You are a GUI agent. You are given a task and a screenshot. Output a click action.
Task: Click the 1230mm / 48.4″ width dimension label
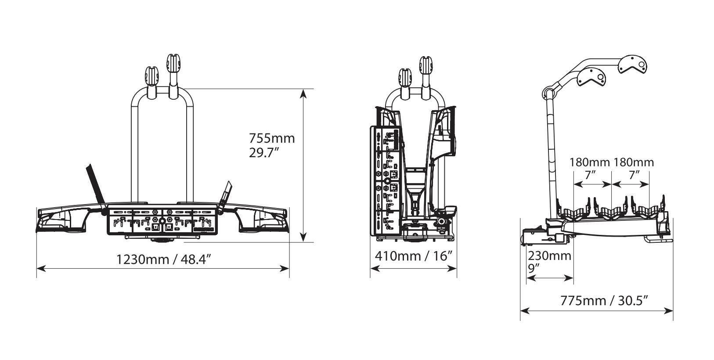point(163,259)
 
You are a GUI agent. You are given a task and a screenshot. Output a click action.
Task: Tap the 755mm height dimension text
point(272,138)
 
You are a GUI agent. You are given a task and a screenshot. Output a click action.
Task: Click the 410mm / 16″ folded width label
point(413,256)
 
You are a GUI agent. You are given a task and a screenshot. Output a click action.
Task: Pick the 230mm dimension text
point(549,256)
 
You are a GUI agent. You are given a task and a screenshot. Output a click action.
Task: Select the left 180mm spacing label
point(590,162)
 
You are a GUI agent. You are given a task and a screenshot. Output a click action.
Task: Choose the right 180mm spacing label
point(634,162)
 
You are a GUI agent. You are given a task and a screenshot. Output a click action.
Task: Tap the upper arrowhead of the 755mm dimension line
point(303,92)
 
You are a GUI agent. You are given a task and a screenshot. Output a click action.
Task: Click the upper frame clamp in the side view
point(633,64)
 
